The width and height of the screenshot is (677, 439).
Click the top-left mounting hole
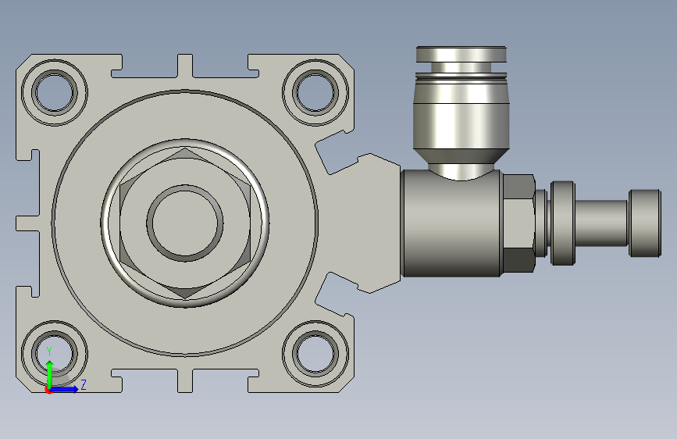(55, 92)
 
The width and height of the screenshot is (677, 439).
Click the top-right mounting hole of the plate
(315, 92)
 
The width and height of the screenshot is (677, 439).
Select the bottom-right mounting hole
(315, 353)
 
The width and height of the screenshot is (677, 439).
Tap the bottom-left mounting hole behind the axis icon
(55, 353)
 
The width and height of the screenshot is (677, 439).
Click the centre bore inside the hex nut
(185, 223)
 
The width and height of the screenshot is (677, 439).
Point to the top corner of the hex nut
(185, 148)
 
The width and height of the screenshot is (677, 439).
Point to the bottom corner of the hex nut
(185, 298)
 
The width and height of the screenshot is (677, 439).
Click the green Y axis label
(49, 352)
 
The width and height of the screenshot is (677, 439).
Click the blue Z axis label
(84, 384)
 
